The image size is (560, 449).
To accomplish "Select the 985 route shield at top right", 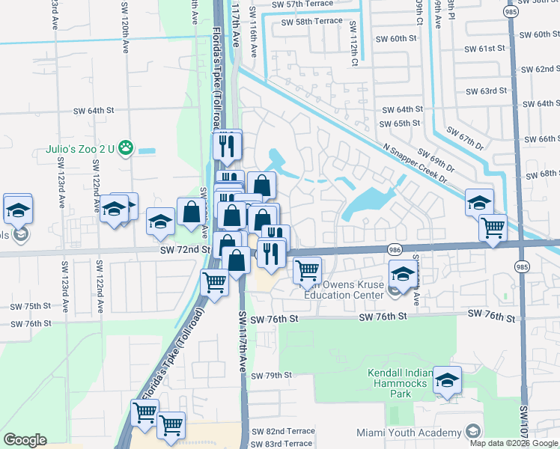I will point(511,12).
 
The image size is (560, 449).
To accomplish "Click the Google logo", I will point(25,440).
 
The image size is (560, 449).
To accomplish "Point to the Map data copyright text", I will point(513,443).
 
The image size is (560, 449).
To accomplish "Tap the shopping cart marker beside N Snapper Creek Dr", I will point(492,227).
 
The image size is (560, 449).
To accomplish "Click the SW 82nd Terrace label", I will point(283,432).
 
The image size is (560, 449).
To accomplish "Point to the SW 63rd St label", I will point(486,91).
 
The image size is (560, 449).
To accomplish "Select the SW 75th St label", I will point(31,306).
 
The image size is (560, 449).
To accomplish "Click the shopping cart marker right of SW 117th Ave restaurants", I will point(307,270).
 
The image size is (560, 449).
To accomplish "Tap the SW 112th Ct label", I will point(353,43).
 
